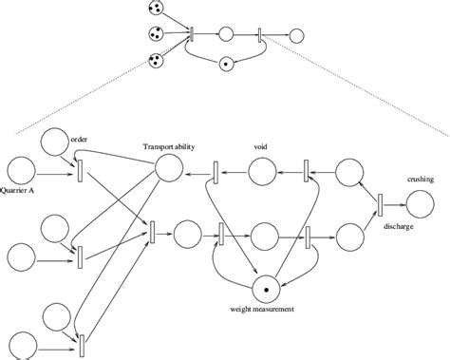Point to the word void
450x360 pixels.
(260, 146)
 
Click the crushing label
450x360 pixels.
(421, 180)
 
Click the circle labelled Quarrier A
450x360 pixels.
(21, 168)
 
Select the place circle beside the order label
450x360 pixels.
(55, 142)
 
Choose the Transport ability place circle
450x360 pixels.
(168, 169)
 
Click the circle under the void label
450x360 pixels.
(263, 172)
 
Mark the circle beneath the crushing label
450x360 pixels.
(421, 203)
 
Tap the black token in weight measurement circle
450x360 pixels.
(267, 288)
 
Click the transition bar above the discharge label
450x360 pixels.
(380, 204)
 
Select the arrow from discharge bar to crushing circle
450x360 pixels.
(394, 203)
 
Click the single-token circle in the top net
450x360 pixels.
(226, 65)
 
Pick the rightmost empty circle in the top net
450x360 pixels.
(296, 36)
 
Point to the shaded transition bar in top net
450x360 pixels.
(193, 35)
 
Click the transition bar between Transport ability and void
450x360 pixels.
(216, 172)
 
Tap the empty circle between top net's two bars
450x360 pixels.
(226, 35)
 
